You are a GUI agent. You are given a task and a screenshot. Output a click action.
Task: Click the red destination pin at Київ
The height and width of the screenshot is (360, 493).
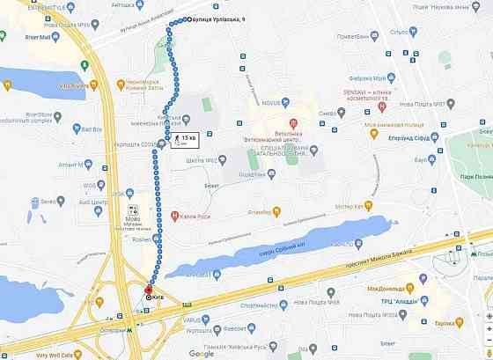coord(148,289)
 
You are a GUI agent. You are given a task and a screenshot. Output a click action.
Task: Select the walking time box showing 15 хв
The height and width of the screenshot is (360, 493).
coord(185,139)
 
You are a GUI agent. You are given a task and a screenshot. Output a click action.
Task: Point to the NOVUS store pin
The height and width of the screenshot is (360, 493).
coord(261,103)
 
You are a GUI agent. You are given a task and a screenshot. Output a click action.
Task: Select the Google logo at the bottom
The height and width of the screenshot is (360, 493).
coord(200,354)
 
